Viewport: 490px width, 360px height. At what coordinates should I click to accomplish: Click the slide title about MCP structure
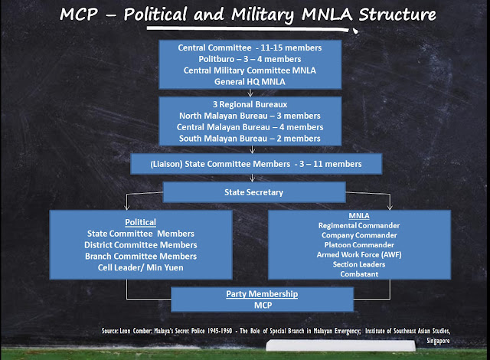pyautogui.click(x=245, y=15)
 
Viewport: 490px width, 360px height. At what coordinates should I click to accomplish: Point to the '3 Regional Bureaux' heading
pyautogui.click(x=245, y=103)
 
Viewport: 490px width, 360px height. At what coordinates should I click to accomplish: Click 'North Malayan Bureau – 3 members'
pyautogui.click(x=245, y=116)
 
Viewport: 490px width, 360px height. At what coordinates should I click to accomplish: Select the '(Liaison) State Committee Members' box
pyautogui.click(x=246, y=163)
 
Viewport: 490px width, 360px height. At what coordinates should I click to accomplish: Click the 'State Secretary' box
pyautogui.click(x=244, y=192)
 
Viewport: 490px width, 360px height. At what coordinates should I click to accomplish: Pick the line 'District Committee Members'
pyautogui.click(x=139, y=244)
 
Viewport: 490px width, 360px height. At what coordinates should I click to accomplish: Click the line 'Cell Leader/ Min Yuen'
pyautogui.click(x=139, y=269)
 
